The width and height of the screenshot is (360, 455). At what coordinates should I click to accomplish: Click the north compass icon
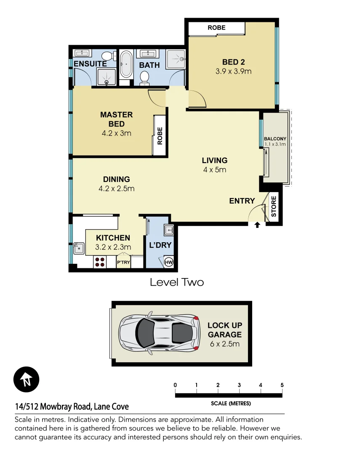[x=26, y=379]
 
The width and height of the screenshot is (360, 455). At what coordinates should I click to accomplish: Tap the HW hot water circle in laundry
[x=168, y=262]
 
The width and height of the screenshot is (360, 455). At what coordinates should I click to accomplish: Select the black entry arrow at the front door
[x=257, y=226]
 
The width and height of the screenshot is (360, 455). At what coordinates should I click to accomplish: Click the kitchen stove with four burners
[x=100, y=262]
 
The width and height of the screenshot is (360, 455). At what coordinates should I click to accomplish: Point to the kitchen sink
[x=79, y=249]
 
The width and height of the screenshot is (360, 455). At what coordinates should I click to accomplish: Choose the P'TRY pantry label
[x=123, y=262]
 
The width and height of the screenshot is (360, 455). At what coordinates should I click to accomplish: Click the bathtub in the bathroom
[x=126, y=64]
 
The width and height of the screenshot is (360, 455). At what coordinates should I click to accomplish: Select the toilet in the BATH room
[x=144, y=77]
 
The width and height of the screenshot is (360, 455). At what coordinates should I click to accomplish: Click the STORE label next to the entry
[x=274, y=206]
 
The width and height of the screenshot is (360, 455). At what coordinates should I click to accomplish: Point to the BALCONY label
[x=275, y=139]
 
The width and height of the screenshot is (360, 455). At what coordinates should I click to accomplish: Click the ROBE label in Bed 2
[x=216, y=28]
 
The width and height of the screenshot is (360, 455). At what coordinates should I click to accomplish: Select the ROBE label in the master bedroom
[x=160, y=136]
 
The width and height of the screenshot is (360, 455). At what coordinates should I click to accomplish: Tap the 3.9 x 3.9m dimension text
[x=233, y=71]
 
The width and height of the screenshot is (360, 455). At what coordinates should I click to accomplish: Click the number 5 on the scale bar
[x=282, y=385]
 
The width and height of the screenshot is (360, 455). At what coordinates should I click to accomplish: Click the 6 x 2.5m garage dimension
[x=225, y=344]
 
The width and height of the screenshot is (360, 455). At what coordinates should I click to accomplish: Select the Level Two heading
[x=177, y=282]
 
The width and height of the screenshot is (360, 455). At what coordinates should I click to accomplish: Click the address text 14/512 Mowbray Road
[x=72, y=407]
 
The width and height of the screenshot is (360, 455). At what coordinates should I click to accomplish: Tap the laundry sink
[x=169, y=230]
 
